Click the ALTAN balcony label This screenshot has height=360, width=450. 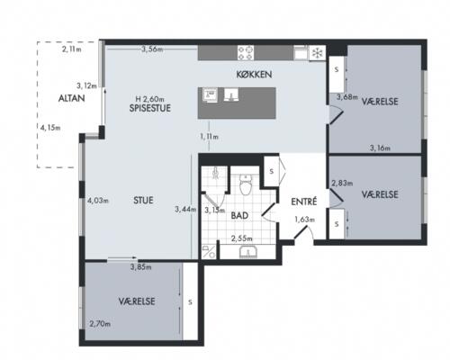pyautogui.click(x=71, y=98)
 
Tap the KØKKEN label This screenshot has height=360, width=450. pyautogui.click(x=254, y=75)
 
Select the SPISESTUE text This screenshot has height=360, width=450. pyautogui.click(x=150, y=108)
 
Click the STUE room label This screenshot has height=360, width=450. pyautogui.click(x=143, y=200)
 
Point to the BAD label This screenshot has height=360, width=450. pyautogui.click(x=239, y=215)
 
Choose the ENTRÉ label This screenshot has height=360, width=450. pyautogui.click(x=304, y=202)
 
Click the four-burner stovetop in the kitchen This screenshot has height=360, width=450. pyautogui.click(x=246, y=53)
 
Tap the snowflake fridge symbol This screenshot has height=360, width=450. pyautogui.click(x=317, y=53)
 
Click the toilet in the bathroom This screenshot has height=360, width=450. pyautogui.click(x=246, y=184)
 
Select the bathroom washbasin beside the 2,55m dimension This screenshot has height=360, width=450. pyautogui.click(x=248, y=252)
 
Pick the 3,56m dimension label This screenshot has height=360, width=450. pyautogui.click(x=152, y=49)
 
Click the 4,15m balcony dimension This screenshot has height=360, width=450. pyautogui.click(x=50, y=128)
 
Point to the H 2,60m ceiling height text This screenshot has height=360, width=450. pyautogui.click(x=149, y=99)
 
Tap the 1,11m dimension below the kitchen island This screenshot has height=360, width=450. pyautogui.click(x=209, y=137)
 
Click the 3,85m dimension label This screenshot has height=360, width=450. pyautogui.click(x=140, y=267)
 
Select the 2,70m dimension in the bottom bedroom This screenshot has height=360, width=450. pyautogui.click(x=100, y=324)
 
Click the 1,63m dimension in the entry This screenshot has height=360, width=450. pyautogui.click(x=304, y=220)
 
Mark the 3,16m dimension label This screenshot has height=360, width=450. pyautogui.click(x=380, y=148)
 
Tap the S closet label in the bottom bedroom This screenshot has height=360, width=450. pyautogui.click(x=190, y=302)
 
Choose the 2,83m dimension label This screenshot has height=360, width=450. pyautogui.click(x=342, y=183)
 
